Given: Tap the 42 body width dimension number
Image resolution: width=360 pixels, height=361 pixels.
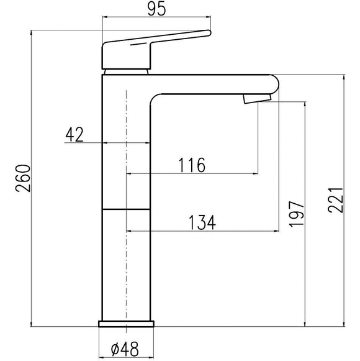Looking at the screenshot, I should point(75,134).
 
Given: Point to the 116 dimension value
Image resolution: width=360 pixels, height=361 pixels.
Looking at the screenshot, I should point(192,165).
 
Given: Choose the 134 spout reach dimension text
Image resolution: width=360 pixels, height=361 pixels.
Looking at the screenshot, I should point(202,222).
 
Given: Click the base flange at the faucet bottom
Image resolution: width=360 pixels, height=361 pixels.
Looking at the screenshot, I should point(126,324).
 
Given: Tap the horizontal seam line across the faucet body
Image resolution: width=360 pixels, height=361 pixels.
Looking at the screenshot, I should point(126,209).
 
